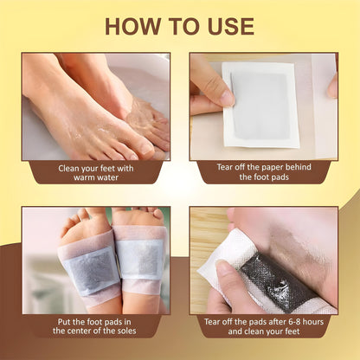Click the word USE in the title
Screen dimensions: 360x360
pyautogui.click(x=228, y=25)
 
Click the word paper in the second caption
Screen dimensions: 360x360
pyautogui.click(x=264, y=169)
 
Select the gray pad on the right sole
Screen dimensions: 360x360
pyautogui.click(x=139, y=259)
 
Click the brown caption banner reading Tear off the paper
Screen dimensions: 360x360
pyautogui.click(x=263, y=174)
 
